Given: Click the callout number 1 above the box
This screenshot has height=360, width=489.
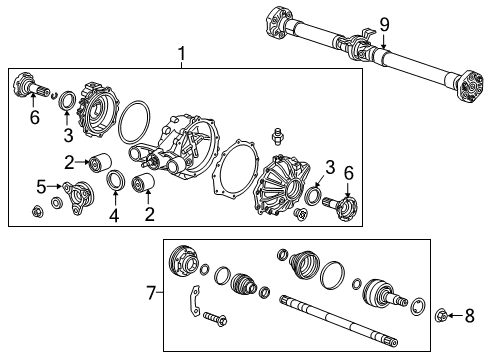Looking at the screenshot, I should coord(181,53).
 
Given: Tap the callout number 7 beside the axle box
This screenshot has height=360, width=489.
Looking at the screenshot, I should coord(151,294).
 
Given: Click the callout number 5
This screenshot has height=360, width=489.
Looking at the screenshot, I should coord(42,185).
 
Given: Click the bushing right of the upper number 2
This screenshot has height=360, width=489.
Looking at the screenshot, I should coord(99,163).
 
